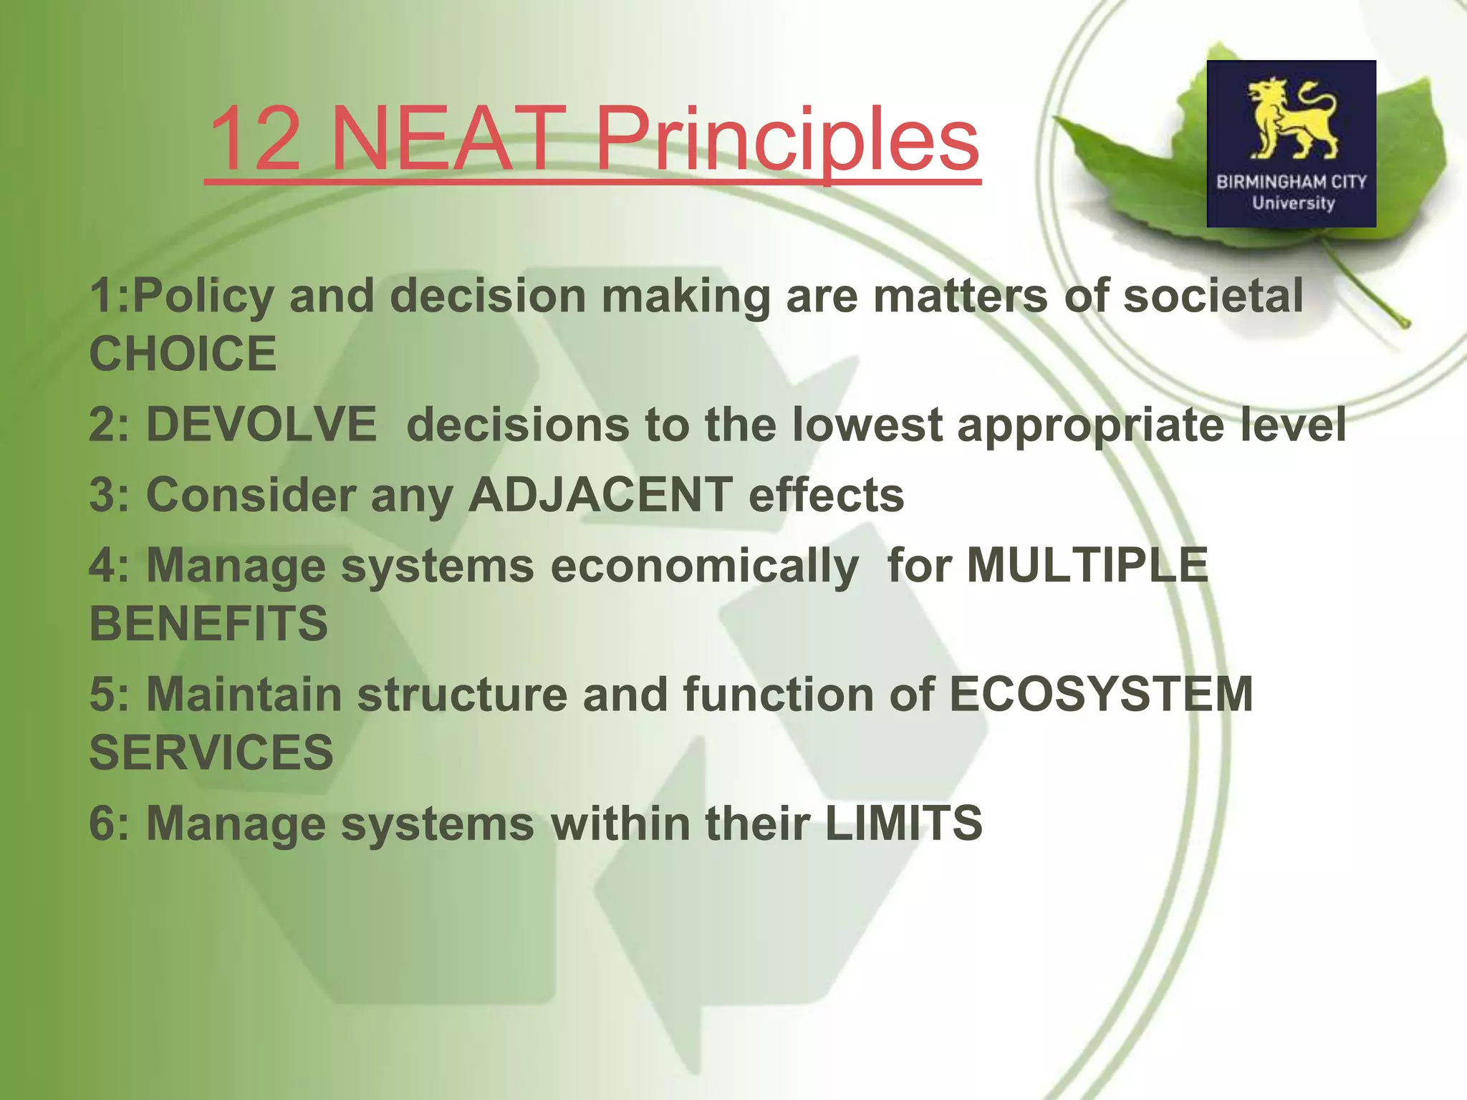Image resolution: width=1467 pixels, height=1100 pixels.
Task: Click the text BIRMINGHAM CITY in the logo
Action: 1292,182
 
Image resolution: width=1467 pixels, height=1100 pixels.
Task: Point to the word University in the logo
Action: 1293,203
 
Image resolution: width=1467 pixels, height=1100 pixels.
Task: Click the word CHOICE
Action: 183,354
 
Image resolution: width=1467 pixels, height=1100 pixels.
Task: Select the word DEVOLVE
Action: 261,424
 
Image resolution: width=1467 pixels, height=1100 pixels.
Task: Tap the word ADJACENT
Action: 600,495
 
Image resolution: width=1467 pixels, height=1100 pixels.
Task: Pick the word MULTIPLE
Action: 1087,565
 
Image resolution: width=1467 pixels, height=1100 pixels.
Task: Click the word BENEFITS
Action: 208,623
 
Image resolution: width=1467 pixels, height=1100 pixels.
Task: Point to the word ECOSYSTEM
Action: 1101,694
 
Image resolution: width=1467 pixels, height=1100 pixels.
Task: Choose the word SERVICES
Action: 211,752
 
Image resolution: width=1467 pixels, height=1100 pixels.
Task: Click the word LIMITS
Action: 904,823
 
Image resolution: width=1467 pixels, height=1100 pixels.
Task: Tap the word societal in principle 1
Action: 1213,296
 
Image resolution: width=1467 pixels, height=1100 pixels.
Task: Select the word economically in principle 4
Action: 705,566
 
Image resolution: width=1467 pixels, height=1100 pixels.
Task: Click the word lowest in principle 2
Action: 867,424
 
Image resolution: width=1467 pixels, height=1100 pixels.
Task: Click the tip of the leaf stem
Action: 1405,324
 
